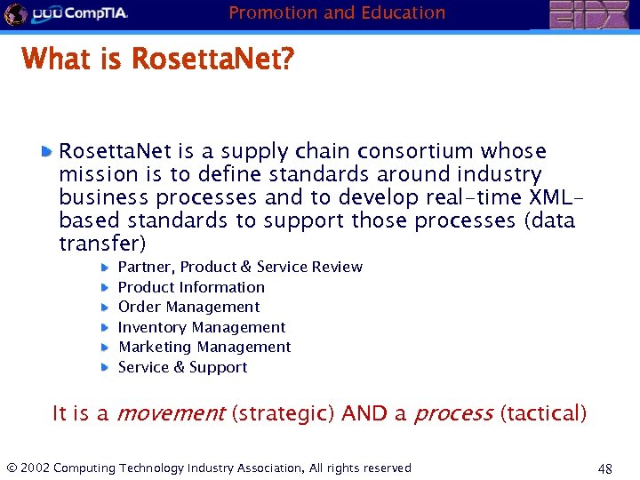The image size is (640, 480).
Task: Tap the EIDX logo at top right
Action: tap(588, 15)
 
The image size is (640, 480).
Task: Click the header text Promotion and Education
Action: tap(337, 12)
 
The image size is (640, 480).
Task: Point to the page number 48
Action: tap(605, 468)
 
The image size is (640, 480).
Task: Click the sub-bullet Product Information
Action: tap(191, 287)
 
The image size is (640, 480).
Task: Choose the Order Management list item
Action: tap(188, 307)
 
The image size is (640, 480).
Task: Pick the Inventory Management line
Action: tap(202, 327)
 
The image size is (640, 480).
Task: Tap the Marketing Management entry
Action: tap(204, 347)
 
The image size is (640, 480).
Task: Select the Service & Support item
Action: tap(182, 367)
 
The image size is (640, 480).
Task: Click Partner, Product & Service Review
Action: tap(240, 267)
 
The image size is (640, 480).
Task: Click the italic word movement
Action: tap(171, 413)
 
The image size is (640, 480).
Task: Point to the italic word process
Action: tap(453, 413)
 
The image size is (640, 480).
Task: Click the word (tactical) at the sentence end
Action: tap(543, 413)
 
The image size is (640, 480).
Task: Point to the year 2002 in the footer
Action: tap(35, 468)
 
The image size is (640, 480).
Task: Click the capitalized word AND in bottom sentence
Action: tap(364, 413)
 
